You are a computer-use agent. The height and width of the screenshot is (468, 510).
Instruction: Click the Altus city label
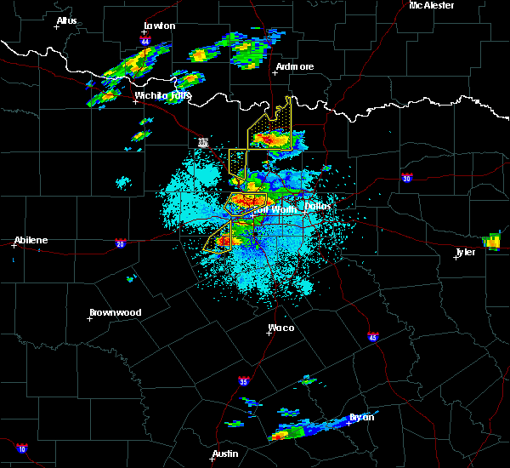[66, 20]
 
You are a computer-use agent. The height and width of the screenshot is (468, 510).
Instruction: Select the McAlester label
[431, 5]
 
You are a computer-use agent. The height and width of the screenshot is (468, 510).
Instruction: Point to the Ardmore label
[295, 66]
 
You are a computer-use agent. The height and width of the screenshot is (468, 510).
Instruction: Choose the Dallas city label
[318, 206]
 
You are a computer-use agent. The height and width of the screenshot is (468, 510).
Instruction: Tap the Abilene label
[31, 240]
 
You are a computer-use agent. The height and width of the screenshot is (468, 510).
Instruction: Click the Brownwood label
[116, 312]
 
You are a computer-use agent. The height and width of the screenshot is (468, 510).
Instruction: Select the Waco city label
[280, 328]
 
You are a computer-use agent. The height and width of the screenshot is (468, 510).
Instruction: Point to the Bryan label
[360, 417]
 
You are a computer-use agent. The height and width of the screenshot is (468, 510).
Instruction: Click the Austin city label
[224, 454]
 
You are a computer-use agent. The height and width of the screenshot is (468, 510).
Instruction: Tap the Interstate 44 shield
[145, 41]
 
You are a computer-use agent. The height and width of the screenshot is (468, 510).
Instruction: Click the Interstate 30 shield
[407, 178]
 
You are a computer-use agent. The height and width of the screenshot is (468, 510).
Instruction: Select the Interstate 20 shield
[120, 243]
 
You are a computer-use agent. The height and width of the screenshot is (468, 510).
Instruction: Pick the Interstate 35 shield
[244, 380]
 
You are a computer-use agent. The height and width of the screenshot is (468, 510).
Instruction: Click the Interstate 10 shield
[21, 448]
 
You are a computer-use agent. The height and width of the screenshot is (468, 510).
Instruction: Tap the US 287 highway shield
[203, 142]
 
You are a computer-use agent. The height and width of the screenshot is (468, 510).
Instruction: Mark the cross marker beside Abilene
[14, 245]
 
